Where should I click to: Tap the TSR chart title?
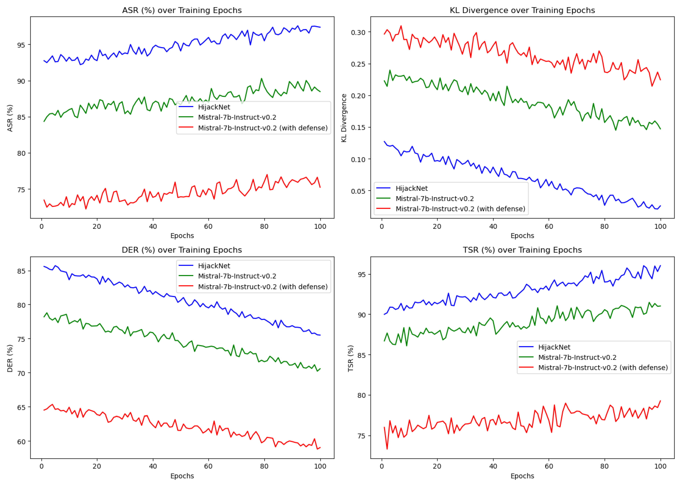coord(522,250)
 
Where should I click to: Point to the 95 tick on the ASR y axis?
coord(21,45)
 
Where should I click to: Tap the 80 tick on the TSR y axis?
coord(361,395)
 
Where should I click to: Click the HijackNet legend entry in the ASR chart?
coord(214,107)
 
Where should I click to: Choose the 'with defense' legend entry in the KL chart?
coord(460,209)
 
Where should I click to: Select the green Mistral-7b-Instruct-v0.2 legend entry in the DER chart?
coord(237,276)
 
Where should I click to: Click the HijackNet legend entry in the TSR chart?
coord(554,347)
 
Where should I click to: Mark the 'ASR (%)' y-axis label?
coord(10,118)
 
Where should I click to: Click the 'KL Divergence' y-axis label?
coord(344,118)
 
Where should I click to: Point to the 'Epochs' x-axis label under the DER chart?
coord(182,476)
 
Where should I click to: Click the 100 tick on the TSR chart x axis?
coord(660,466)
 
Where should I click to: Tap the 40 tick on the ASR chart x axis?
coord(153,226)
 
